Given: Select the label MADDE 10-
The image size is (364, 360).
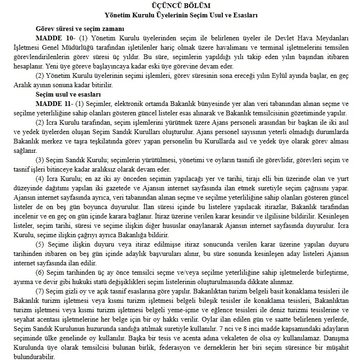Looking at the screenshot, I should pos(52,37).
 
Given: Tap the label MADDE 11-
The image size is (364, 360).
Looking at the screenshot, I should pos(52,104).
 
